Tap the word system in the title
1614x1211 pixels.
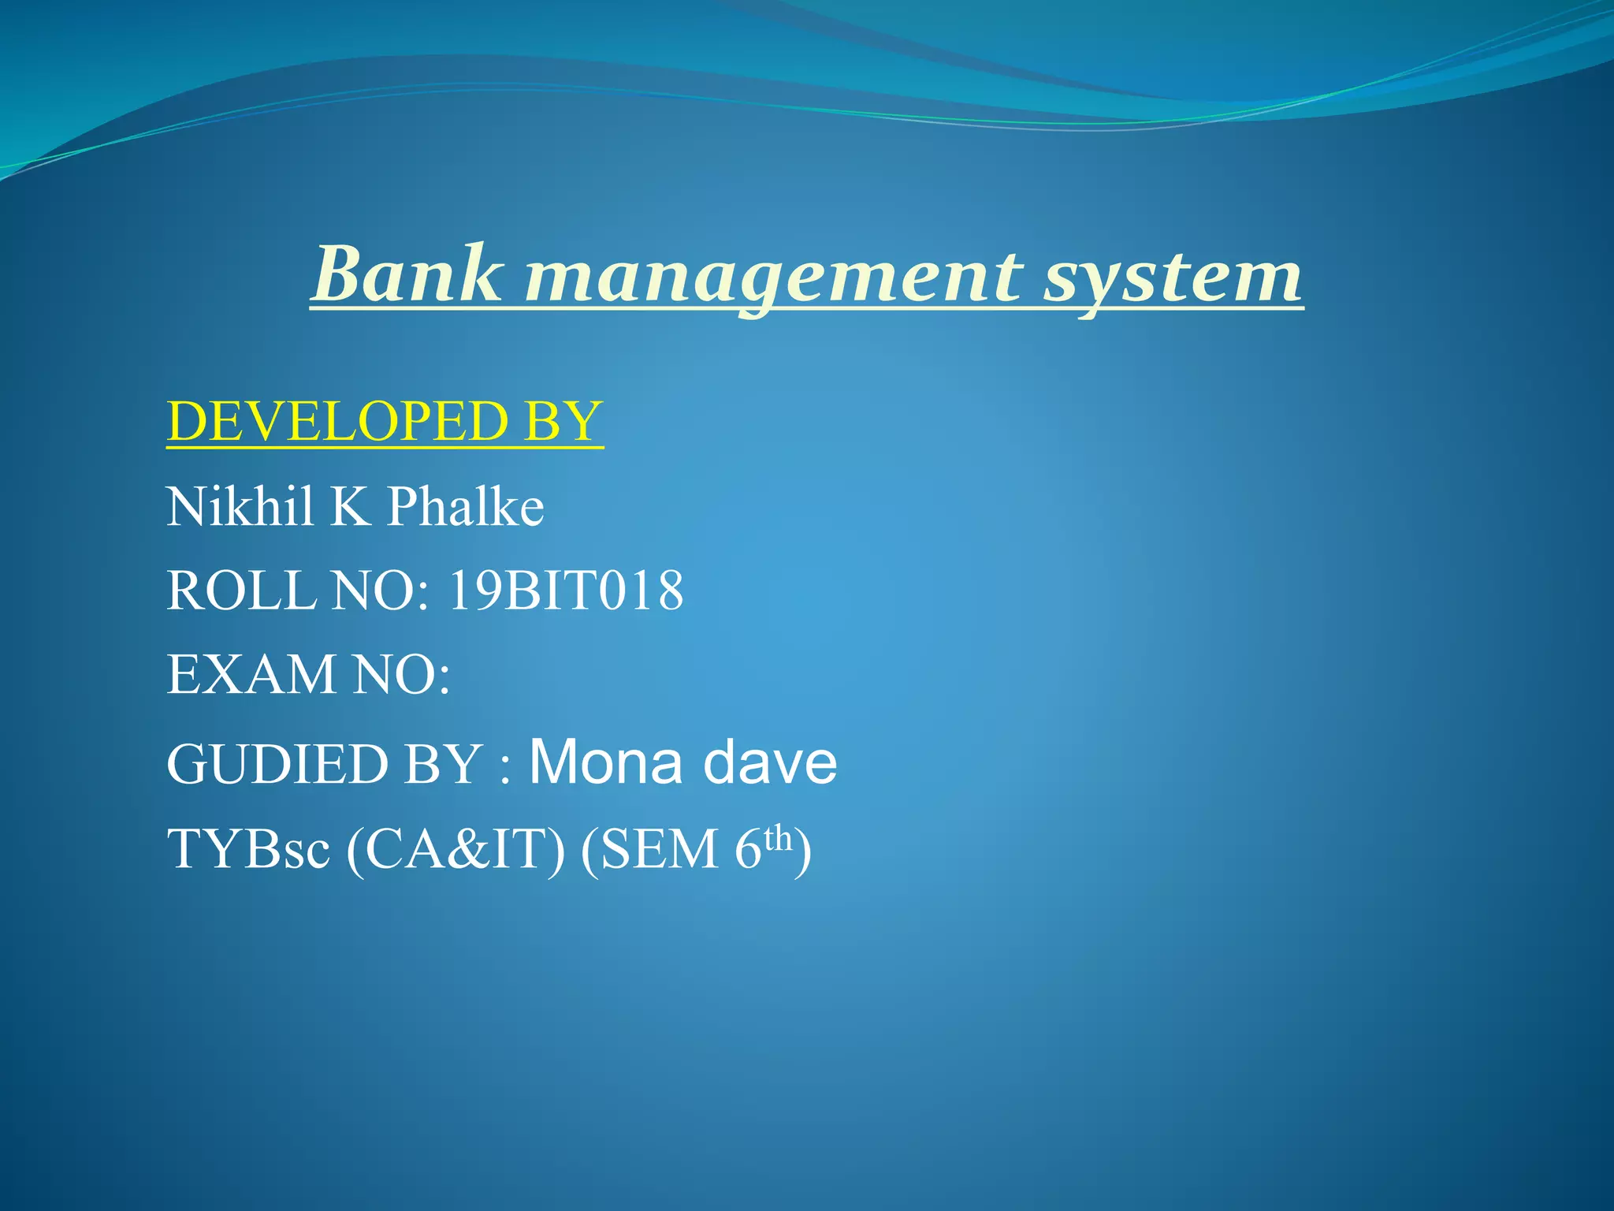pos(1173,278)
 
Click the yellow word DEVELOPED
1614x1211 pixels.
pos(337,421)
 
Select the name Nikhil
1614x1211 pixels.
pos(240,506)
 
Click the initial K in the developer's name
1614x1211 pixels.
pos(350,506)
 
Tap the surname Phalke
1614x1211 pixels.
pos(466,506)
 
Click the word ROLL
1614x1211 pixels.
pos(241,591)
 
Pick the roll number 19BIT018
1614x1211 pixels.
pos(565,591)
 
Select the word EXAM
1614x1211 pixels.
pos(251,675)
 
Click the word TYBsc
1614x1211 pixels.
pos(248,850)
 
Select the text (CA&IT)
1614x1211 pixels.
pos(456,850)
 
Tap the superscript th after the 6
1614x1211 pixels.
pos(778,837)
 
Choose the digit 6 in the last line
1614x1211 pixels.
pos(747,850)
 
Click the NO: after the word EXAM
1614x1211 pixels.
pos(401,675)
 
